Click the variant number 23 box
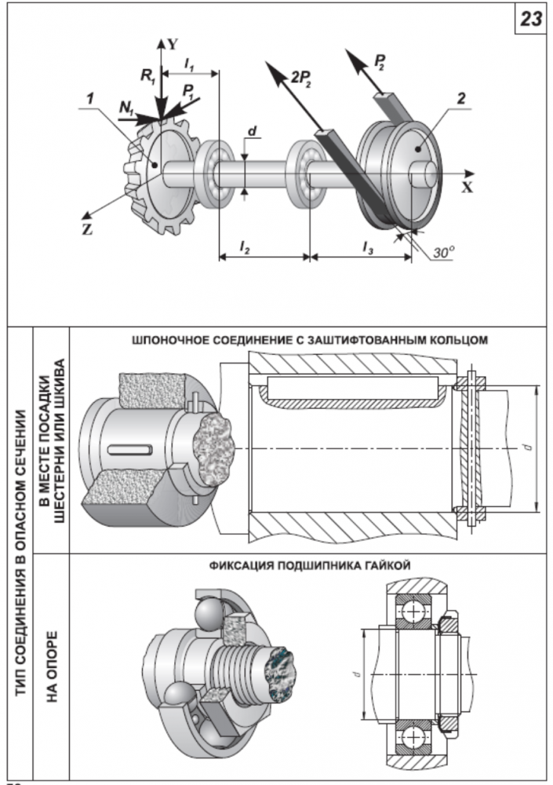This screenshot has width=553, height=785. coord(530,20)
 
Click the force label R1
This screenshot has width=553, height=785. coord(147,76)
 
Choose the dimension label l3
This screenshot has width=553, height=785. coord(366,246)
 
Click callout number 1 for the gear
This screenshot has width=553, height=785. coord(91,99)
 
